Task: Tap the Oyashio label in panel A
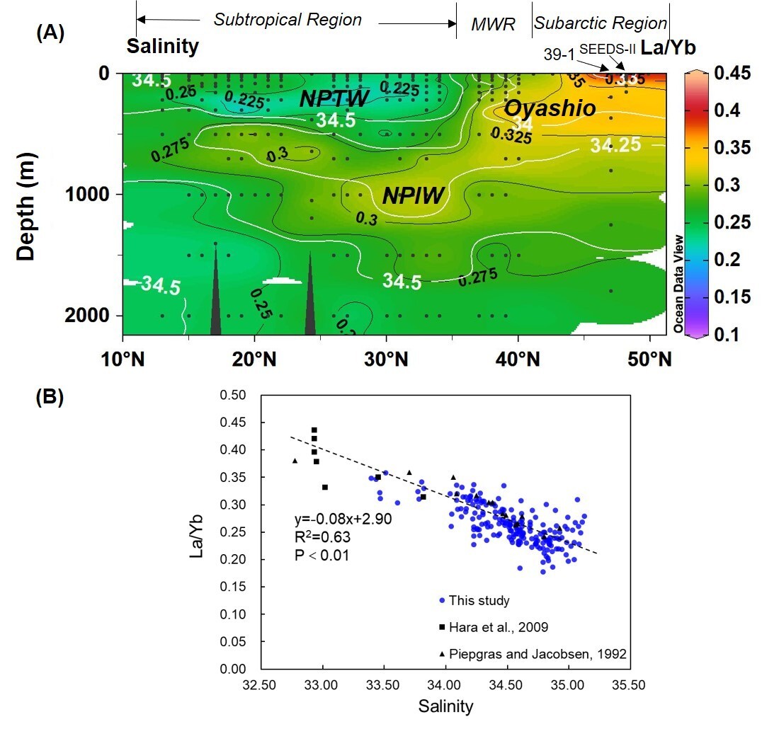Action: pyautogui.click(x=550, y=108)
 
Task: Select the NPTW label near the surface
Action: pyautogui.click(x=334, y=98)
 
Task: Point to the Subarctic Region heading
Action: pyautogui.click(x=601, y=23)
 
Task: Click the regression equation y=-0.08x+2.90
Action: pyautogui.click(x=343, y=519)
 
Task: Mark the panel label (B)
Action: pyautogui.click(x=50, y=397)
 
